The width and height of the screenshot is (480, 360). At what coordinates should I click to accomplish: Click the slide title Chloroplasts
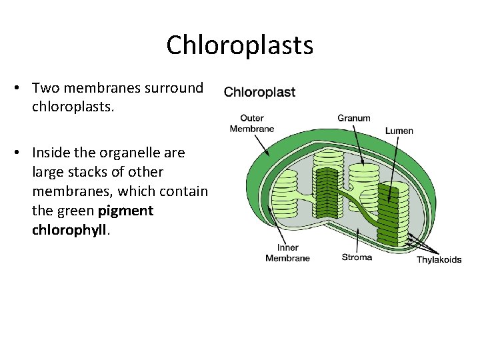239,45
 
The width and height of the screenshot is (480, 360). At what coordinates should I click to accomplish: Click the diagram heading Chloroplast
259,92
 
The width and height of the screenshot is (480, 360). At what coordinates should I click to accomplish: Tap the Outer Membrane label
251,123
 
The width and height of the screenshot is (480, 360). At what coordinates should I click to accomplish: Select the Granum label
354,118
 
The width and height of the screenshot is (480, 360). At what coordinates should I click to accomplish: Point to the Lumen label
399,131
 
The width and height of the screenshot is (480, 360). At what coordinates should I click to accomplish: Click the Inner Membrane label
287,253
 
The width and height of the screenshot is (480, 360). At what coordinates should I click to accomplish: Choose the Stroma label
357,257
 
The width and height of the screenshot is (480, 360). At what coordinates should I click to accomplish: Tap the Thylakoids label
439,259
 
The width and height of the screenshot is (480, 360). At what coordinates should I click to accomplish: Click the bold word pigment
125,211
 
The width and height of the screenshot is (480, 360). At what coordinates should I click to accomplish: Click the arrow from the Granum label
358,143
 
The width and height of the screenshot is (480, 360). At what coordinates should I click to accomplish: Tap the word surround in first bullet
176,87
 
